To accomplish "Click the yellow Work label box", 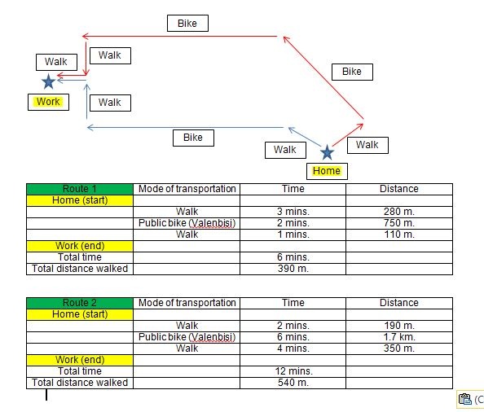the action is (x=48, y=102).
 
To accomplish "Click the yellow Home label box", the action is (x=327, y=171).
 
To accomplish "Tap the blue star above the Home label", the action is (x=327, y=152).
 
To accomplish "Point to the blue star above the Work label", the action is (x=48, y=81).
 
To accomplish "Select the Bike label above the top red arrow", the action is (x=187, y=24).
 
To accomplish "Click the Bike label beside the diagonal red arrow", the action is (x=352, y=72).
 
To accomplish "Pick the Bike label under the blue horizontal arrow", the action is (x=193, y=138).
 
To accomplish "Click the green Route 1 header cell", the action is (x=80, y=189).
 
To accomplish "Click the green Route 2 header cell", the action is (x=80, y=303).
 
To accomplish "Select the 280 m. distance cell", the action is (x=399, y=212).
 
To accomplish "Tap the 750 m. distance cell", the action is (x=399, y=223).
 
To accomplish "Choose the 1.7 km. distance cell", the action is (x=399, y=337).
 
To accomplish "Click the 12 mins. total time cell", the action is (x=293, y=371).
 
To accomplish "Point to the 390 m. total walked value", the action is (x=293, y=269).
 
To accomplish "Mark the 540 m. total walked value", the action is (x=293, y=383).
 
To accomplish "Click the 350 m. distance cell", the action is (x=399, y=348).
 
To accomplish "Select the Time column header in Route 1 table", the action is (x=293, y=189).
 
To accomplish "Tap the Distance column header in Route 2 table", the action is (x=399, y=303).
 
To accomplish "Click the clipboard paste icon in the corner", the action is (x=464, y=399).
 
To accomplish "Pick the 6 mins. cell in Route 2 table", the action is (x=293, y=337).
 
